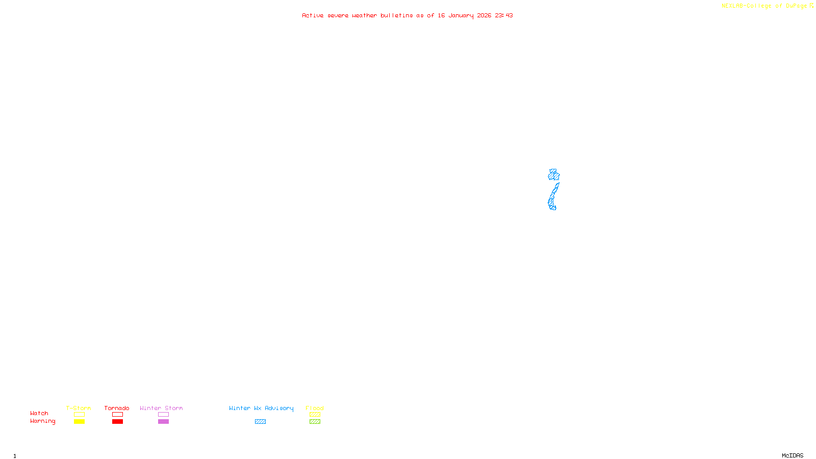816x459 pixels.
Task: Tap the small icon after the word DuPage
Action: pyautogui.click(x=811, y=6)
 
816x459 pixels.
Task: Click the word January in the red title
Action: pyautogui.click(x=461, y=16)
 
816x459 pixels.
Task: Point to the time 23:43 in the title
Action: pyautogui.click(x=503, y=16)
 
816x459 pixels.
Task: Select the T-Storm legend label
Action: pyautogui.click(x=79, y=408)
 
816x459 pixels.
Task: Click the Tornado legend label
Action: pyautogui.click(x=117, y=408)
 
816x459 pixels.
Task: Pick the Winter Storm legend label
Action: pyautogui.click(x=161, y=408)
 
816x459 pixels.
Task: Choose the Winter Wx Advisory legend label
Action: pyautogui.click(x=261, y=408)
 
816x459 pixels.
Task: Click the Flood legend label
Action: pyautogui.click(x=315, y=408)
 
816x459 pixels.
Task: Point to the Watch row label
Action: pyautogui.click(x=39, y=414)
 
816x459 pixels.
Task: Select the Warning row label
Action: pyautogui.click(x=42, y=421)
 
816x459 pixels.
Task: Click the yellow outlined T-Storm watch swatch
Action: pyautogui.click(x=79, y=415)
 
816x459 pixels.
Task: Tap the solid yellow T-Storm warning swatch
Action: pyautogui.click(x=79, y=422)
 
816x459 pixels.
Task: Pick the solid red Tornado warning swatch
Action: pyautogui.click(x=117, y=422)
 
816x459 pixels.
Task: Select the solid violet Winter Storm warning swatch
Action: pyautogui.click(x=163, y=422)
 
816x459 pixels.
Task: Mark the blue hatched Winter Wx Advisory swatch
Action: pyautogui.click(x=260, y=422)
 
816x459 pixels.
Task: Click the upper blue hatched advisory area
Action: pyautogui.click(x=554, y=175)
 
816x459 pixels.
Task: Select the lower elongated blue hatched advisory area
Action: pyautogui.click(x=553, y=198)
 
